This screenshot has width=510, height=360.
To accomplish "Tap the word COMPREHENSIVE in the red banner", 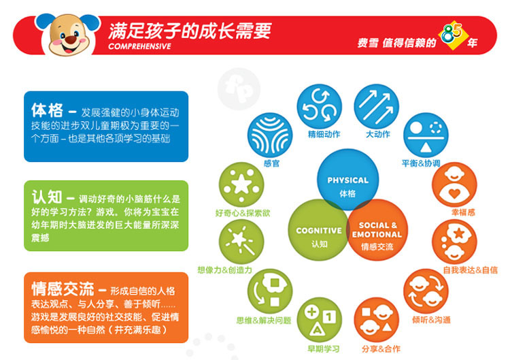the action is click(139, 46).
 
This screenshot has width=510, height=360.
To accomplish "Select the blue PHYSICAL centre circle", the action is click(348, 180).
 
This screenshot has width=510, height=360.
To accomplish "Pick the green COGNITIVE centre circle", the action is click(318, 230).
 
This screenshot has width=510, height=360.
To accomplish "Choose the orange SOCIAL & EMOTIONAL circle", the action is click(377, 230).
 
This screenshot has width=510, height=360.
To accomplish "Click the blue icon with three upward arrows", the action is click(376, 106).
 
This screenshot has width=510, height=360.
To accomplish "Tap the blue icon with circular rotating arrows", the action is click(320, 106).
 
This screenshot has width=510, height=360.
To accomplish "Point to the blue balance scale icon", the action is click(426, 135).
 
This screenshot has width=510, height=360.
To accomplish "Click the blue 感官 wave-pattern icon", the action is click(270, 135).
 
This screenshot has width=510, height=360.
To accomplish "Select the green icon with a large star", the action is click(241, 184).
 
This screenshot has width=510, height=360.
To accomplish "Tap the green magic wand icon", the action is click(241, 242).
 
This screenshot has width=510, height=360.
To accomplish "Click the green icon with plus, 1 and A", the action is click(320, 320).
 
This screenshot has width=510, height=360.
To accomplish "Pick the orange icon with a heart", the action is click(454, 184).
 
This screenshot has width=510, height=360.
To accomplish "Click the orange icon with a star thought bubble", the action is click(454, 242).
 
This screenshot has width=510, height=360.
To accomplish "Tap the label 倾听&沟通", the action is click(431, 320).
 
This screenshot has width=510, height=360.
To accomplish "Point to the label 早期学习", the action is click(323, 349).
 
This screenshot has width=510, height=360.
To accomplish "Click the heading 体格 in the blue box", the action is click(47, 110).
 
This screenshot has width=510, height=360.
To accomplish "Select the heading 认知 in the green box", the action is click(47, 197).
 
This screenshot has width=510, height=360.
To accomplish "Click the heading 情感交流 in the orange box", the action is click(63, 289).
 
